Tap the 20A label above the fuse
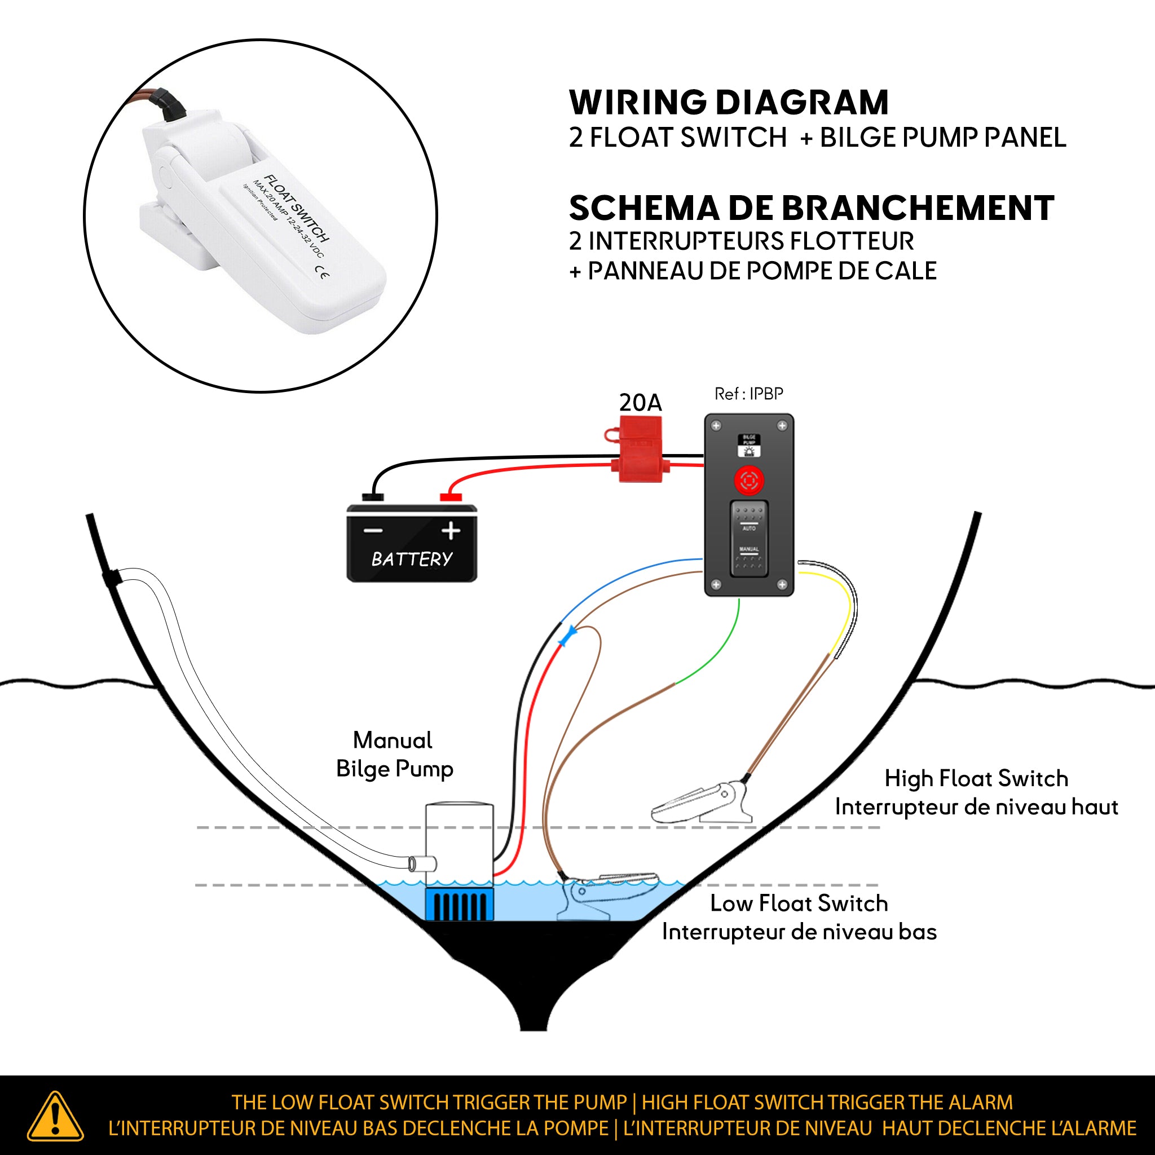tap(640, 403)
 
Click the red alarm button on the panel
tap(749, 480)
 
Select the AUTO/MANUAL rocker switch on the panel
tap(749, 539)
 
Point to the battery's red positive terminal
tap(451, 497)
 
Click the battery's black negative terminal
tap(373, 497)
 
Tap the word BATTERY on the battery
tap(412, 559)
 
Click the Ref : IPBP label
tap(748, 394)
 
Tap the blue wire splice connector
tap(567, 636)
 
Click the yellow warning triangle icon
tap(55, 1117)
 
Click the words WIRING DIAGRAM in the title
tap(728, 102)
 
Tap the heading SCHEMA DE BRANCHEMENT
tap(811, 208)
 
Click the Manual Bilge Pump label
tap(394, 755)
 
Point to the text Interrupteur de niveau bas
tap(799, 932)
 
